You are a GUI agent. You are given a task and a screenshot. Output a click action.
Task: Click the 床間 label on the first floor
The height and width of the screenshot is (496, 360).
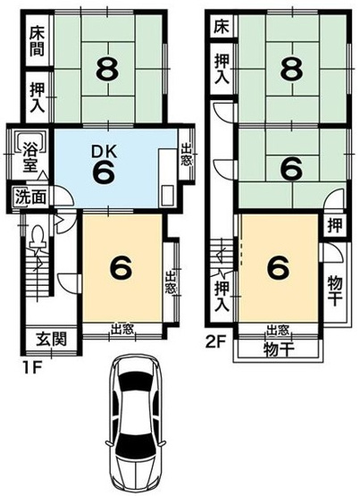click(37, 40)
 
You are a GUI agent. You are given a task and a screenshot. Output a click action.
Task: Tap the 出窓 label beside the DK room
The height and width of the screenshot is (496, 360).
click(185, 156)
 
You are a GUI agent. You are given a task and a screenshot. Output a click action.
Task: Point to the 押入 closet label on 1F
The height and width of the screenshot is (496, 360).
click(37, 97)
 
